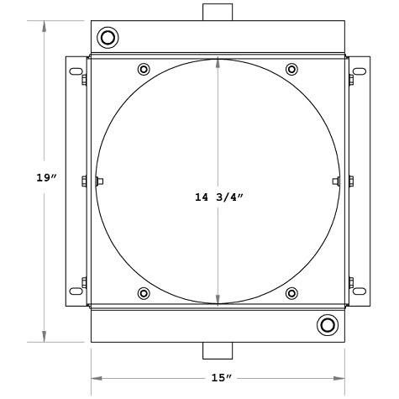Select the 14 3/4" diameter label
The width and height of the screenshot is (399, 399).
coord(218,198)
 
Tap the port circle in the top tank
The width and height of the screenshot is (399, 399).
coord(108,38)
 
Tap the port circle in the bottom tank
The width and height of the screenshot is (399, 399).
coord(327,325)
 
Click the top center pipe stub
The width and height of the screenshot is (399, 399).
coord(218,13)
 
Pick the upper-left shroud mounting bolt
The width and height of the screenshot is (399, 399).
coord(144,69)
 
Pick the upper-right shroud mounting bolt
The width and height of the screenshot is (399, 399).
coord(291,69)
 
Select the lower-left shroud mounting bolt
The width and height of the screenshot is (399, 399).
coord(144,293)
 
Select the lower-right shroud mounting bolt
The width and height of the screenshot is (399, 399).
coord(291,293)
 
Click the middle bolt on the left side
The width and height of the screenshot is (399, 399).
coord(85,181)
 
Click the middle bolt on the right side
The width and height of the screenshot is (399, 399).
coord(350,181)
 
